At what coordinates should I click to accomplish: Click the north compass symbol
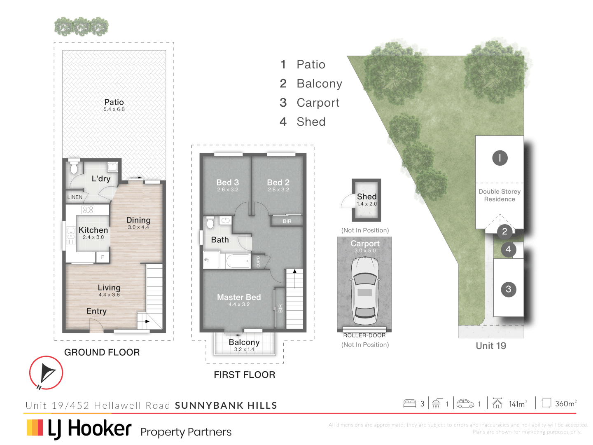click(46, 373)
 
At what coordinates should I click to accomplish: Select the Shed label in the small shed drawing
click(367, 197)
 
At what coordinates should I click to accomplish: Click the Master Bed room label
click(239, 297)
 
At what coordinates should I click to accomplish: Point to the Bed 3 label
click(227, 182)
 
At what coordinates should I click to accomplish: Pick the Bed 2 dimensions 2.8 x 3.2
click(278, 190)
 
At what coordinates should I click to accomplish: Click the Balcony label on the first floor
click(244, 342)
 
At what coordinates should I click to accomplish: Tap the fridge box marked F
click(103, 257)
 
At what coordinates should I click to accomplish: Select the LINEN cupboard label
click(75, 197)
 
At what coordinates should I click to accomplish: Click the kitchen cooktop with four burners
click(88, 210)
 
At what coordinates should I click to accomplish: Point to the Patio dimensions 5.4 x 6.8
click(114, 109)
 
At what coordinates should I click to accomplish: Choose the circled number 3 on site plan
click(508, 289)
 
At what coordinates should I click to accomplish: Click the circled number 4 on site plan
click(508, 249)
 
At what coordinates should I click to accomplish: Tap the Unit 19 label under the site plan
click(491, 346)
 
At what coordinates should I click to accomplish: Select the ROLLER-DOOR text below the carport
click(364, 335)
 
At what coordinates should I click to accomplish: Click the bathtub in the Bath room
click(238, 261)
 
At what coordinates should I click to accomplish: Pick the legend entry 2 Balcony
click(311, 84)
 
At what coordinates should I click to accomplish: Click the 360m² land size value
click(565, 404)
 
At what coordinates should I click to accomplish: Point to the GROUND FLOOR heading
click(102, 352)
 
